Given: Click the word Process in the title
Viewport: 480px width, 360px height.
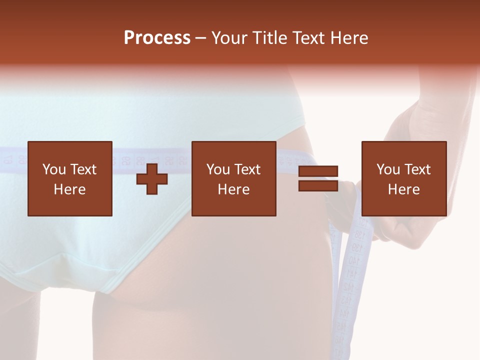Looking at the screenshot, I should (x=157, y=38).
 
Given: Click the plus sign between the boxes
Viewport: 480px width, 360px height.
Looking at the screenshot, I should (x=152, y=178).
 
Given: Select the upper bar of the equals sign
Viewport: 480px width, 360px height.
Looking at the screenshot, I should (x=318, y=171).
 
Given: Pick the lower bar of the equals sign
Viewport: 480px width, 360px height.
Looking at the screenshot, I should (x=318, y=186).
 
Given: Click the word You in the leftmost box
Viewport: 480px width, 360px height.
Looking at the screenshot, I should (x=53, y=169).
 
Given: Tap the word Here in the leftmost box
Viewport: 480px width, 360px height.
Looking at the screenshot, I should (x=69, y=189).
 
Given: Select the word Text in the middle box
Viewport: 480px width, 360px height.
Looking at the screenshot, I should (x=247, y=169).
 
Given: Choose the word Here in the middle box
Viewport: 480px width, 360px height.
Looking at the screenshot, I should (x=233, y=189).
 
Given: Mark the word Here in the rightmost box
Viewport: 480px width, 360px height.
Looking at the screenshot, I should (x=403, y=189).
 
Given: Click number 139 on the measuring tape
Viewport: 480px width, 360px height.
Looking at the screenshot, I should (x=357, y=248).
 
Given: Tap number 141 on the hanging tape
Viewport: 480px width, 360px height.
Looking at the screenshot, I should (x=352, y=274).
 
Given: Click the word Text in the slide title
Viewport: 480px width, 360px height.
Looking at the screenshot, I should (x=306, y=38).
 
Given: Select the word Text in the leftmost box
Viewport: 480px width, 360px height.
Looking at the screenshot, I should (x=83, y=169).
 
